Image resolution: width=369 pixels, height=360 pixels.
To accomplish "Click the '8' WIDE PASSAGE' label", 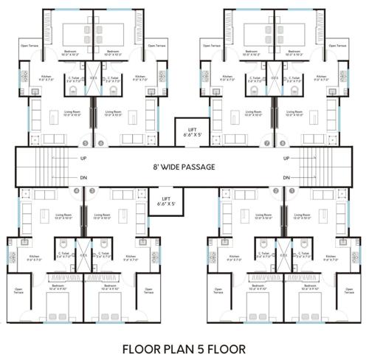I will (x=184, y=167).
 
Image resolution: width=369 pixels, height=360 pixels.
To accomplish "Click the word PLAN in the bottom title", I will (x=170, y=347).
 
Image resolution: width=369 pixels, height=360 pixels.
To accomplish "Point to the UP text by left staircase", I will (x=83, y=158).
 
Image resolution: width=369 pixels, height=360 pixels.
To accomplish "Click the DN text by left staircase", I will (x=83, y=177).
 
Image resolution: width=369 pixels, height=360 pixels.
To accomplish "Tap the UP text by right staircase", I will (x=286, y=158).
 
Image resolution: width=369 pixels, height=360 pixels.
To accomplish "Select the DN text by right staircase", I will (x=286, y=177).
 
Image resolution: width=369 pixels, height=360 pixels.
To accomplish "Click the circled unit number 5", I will (x=86, y=142).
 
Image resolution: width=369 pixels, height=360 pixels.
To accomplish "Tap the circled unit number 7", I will (x=266, y=142).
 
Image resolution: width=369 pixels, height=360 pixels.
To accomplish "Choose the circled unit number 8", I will (x=282, y=142).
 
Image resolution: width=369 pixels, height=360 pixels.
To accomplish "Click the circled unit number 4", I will (x=76, y=191).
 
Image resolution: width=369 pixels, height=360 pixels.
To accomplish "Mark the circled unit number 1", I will (x=292, y=191).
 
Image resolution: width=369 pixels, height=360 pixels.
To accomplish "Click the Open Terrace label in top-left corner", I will (x=30, y=45).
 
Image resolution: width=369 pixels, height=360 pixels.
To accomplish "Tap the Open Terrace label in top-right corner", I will (x=339, y=45).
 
